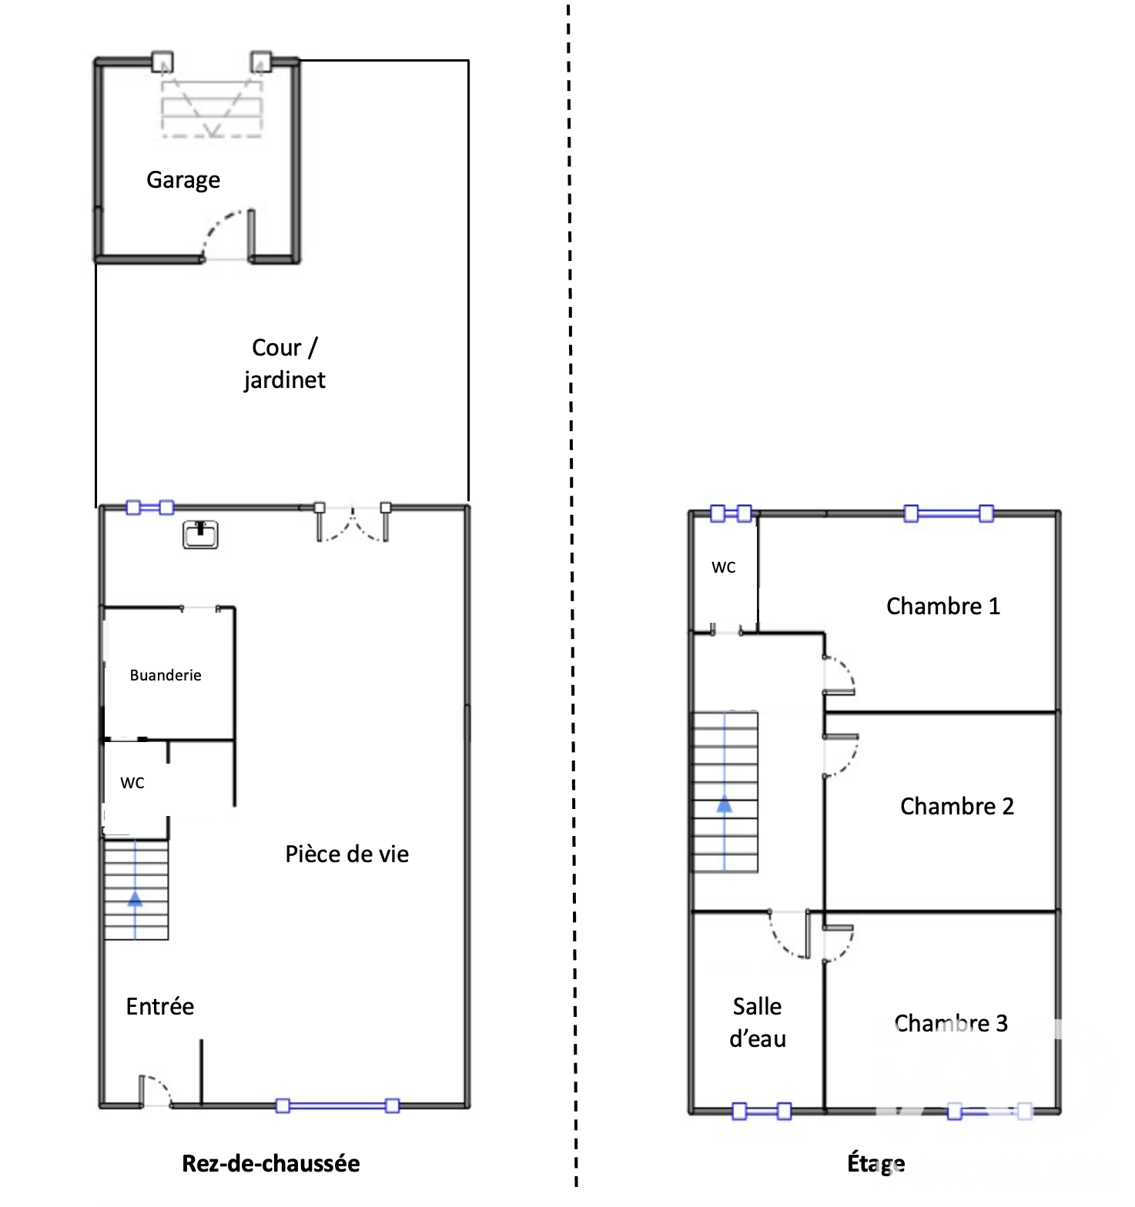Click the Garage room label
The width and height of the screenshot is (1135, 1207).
tap(183, 180)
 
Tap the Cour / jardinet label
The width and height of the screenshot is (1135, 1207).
tap(284, 363)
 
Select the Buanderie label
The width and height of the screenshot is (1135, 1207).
tap(166, 675)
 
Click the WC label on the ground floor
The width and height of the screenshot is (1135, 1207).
tap(132, 783)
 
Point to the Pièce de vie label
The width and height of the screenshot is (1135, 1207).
tap(347, 854)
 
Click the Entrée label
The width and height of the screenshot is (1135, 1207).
tap(160, 1006)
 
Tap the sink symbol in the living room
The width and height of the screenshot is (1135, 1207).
tap(200, 534)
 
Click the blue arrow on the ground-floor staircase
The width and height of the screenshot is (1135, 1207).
tap(136, 889)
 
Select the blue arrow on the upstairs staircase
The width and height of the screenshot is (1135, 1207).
tap(725, 792)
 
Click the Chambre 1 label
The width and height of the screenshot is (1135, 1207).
tap(943, 606)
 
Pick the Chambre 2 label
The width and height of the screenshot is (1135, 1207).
tap(957, 806)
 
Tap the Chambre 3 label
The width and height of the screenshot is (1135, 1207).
tap(951, 1023)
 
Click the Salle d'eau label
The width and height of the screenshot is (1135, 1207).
tap(758, 1022)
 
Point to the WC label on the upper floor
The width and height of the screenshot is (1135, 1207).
tap(724, 567)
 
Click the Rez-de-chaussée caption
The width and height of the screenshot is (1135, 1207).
tap(271, 1163)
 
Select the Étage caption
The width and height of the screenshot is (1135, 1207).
tap(876, 1163)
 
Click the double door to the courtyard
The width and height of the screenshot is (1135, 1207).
tap(353, 523)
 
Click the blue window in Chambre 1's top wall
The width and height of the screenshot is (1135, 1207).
tap(949, 513)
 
